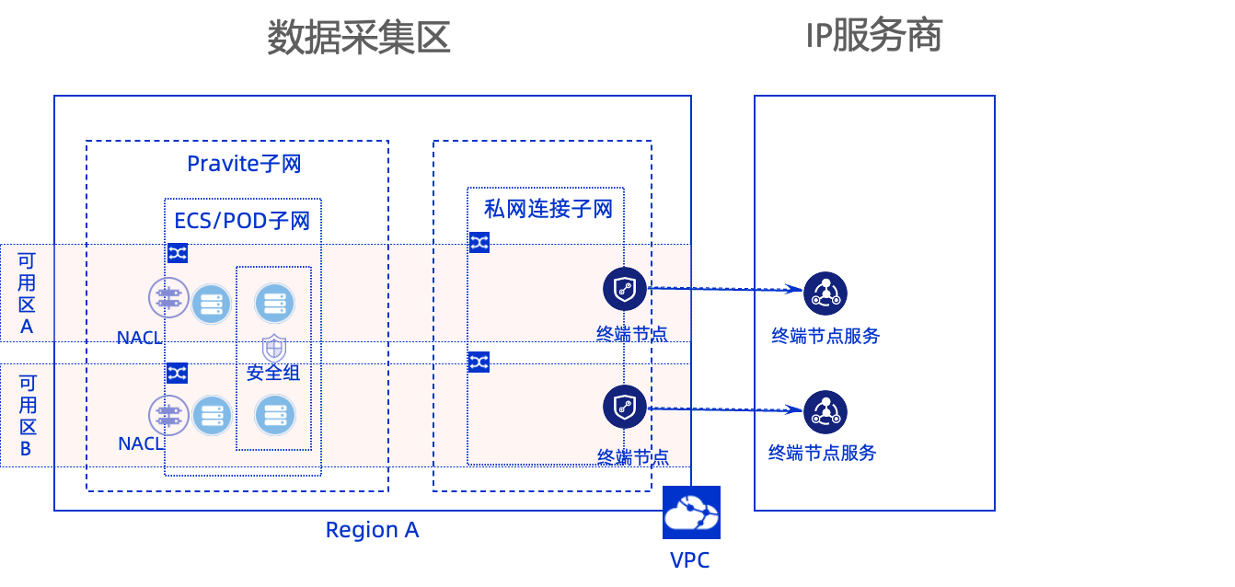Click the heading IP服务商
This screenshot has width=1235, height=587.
pyautogui.click(x=873, y=37)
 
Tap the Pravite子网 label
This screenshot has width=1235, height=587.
pyautogui.click(x=244, y=164)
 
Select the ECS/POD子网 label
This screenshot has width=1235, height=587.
pyautogui.click(x=242, y=221)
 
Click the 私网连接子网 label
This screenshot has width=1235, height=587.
pyautogui.click(x=548, y=209)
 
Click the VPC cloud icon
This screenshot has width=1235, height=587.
pyautogui.click(x=691, y=512)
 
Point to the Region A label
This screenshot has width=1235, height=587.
pyautogui.click(x=372, y=530)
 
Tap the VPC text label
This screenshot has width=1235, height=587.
pyautogui.click(x=689, y=560)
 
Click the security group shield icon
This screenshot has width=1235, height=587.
pyautogui.click(x=273, y=349)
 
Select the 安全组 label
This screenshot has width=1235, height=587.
pyautogui.click(x=273, y=373)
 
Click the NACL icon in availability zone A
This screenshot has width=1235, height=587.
pyautogui.click(x=168, y=297)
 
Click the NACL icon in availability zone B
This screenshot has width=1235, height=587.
pyautogui.click(x=168, y=415)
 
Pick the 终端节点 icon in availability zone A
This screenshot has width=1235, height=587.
pyautogui.click(x=625, y=288)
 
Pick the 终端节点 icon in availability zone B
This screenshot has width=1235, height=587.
pyautogui.click(x=625, y=407)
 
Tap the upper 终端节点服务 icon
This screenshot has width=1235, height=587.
pyautogui.click(x=825, y=293)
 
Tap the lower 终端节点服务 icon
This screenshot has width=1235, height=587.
pyautogui.click(x=825, y=411)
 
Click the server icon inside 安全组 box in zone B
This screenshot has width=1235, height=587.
pyautogui.click(x=274, y=415)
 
